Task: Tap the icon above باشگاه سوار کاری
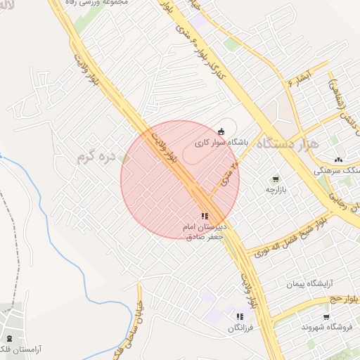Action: pyautogui.click(x=221, y=131)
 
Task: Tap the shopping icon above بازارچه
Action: pyautogui.click(x=275, y=179)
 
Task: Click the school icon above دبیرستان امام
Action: pyautogui.click(x=204, y=217)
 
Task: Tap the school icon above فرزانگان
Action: pyautogui.click(x=240, y=317)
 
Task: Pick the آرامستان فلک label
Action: pyautogui.click(x=17, y=349)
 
